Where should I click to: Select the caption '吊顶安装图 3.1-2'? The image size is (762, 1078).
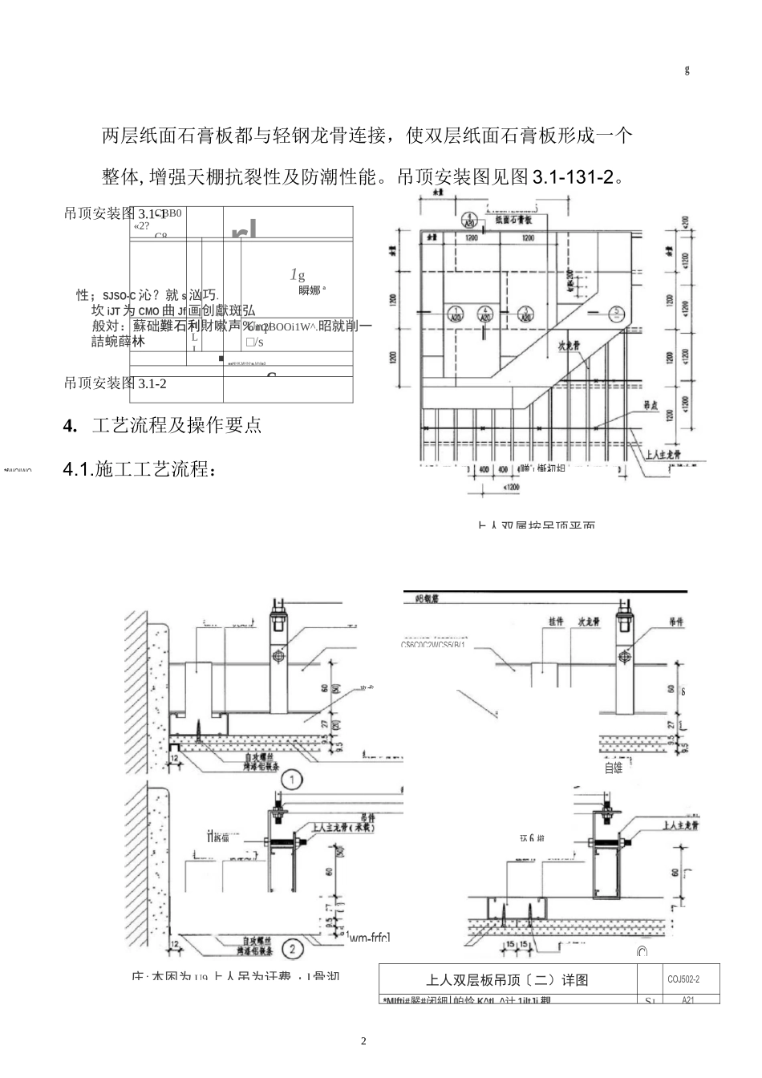[x=116, y=383]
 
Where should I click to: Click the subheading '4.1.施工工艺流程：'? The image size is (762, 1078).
[x=140, y=470]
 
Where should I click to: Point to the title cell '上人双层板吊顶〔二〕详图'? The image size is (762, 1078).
[x=507, y=980]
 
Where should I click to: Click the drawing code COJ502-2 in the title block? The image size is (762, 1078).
[x=683, y=979]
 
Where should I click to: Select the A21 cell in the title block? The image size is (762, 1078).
[x=687, y=1000]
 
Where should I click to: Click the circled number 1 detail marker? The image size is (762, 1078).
[x=294, y=779]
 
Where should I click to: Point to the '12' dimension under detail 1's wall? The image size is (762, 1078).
[x=174, y=756]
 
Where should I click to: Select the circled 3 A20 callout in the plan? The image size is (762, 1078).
[x=525, y=313]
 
